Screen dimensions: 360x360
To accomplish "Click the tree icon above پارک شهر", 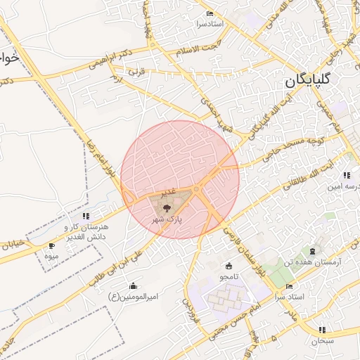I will pyautogui.click(x=166, y=208).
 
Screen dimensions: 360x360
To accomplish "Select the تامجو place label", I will pyautogui.click(x=229, y=276).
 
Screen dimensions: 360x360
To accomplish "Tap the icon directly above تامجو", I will pyautogui.click(x=229, y=266).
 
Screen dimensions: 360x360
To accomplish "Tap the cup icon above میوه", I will pyautogui.click(x=51, y=246).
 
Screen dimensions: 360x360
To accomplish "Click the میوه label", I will pyautogui.click(x=51, y=256).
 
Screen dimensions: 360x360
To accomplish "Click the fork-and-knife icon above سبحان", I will pyautogui.click(x=321, y=330).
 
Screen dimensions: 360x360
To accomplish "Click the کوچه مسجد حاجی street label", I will pyautogui.click(x=288, y=148).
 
